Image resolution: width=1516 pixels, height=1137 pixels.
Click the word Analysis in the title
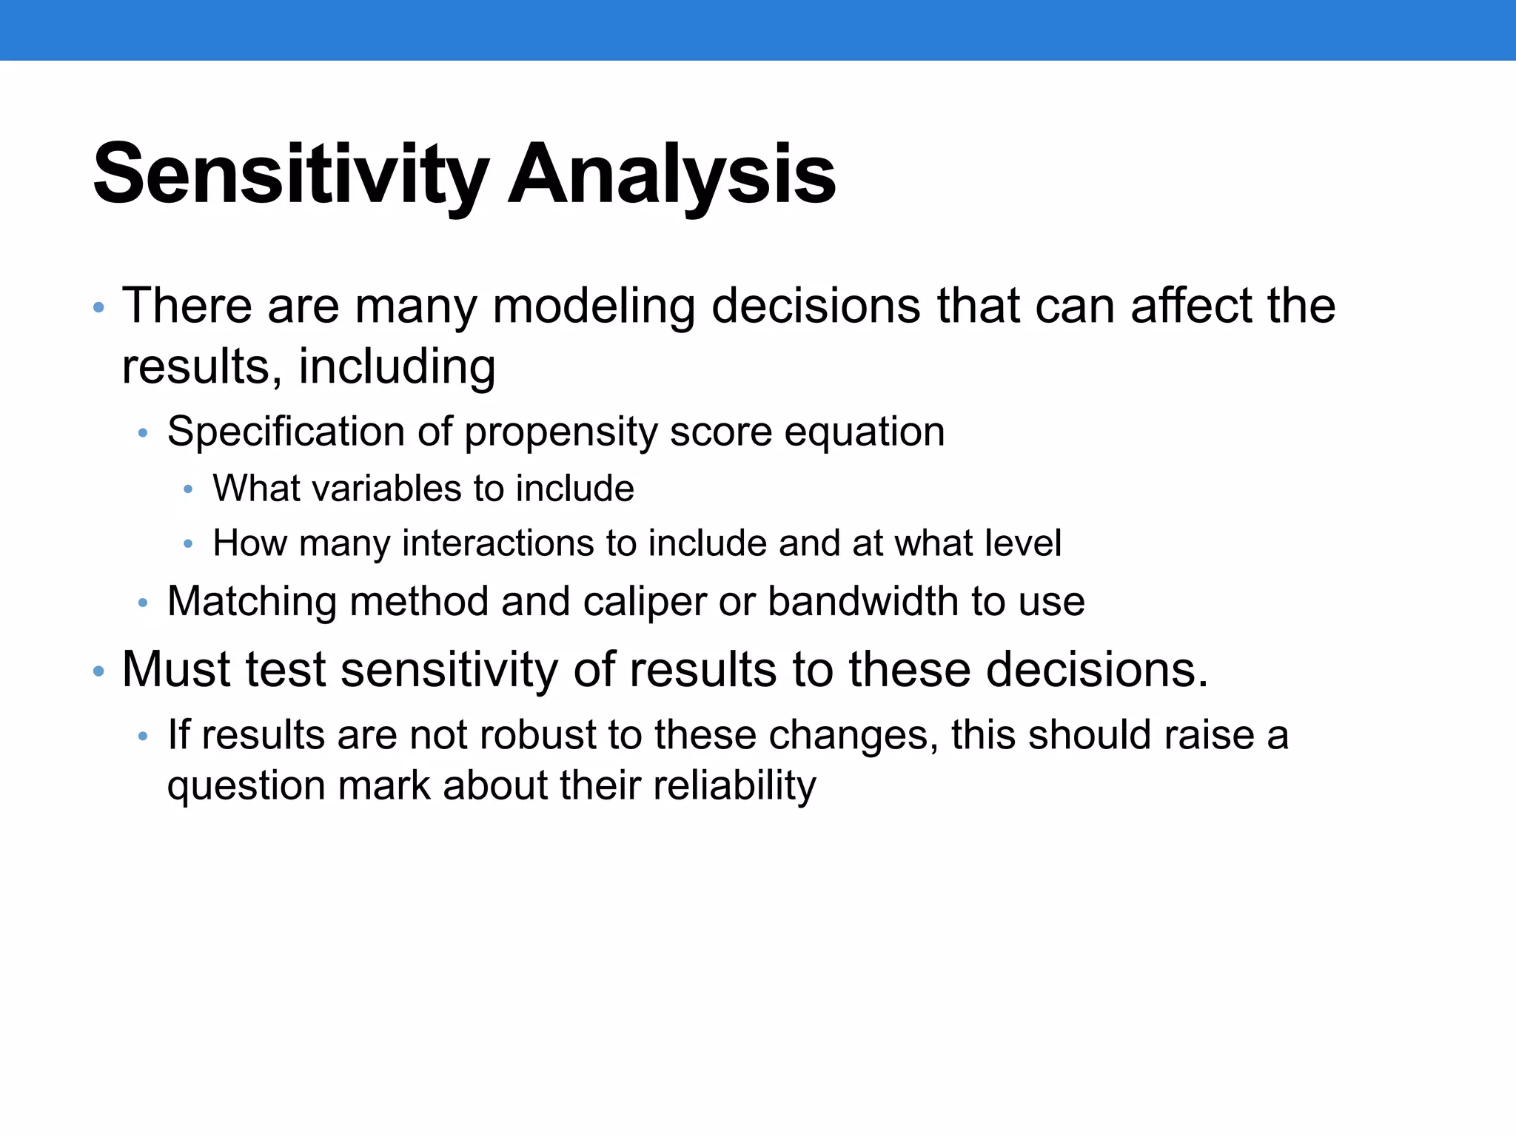click(x=672, y=175)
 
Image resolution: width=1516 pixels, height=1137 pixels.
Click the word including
click(x=397, y=366)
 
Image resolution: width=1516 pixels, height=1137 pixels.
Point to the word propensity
click(x=560, y=432)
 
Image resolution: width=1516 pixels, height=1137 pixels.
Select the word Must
click(x=177, y=669)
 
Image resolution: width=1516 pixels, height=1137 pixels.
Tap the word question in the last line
click(x=246, y=787)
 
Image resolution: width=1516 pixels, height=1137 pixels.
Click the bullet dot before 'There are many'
click(x=98, y=307)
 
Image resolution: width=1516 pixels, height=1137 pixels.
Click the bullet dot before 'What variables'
click(x=188, y=489)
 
